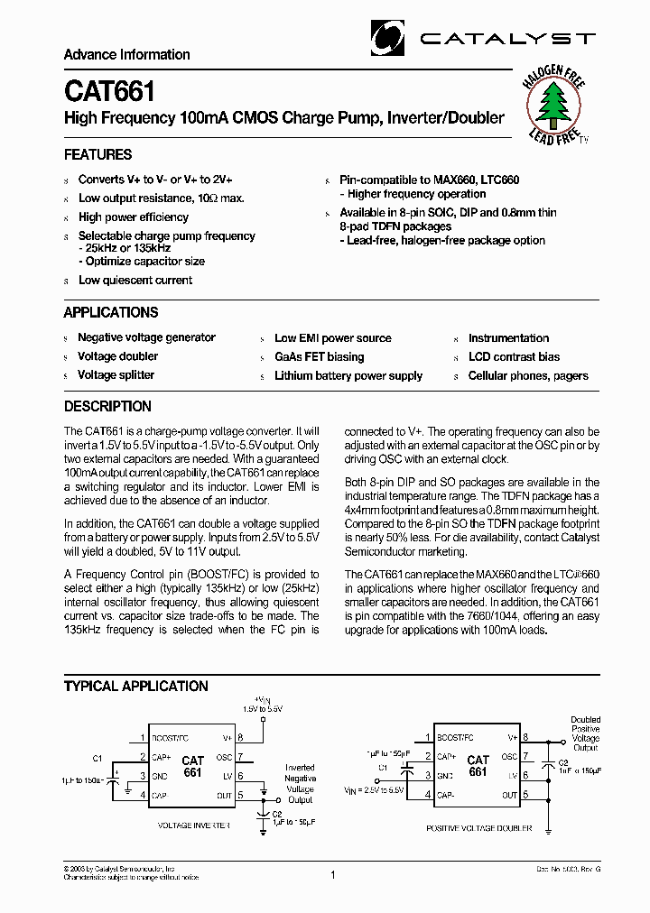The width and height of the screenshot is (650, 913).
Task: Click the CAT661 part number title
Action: click(109, 92)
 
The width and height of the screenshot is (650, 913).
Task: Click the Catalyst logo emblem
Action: click(388, 38)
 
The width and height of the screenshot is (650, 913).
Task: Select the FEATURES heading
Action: click(97, 154)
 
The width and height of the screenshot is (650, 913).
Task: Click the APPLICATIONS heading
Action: click(110, 312)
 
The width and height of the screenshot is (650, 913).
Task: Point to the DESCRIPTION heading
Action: click(107, 406)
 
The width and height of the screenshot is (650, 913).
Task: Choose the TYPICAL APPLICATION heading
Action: click(135, 686)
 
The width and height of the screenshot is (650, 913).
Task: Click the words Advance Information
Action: click(126, 55)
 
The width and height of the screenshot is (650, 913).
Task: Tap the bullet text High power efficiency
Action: click(134, 217)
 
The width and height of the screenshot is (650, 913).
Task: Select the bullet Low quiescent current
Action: click(135, 280)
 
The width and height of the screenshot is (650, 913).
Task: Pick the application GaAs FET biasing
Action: click(320, 356)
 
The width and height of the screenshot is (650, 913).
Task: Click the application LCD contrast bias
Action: click(514, 356)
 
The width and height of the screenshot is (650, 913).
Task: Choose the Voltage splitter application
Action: click(116, 374)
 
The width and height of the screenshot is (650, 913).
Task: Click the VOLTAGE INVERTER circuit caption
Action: click(193, 825)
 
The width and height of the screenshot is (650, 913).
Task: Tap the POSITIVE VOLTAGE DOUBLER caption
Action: click(478, 827)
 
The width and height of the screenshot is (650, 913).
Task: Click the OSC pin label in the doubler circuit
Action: click(509, 757)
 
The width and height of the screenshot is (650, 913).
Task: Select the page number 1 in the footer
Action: click(333, 874)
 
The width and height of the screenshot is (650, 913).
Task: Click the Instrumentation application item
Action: click(508, 337)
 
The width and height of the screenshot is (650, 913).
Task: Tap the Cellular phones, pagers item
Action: click(528, 375)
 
